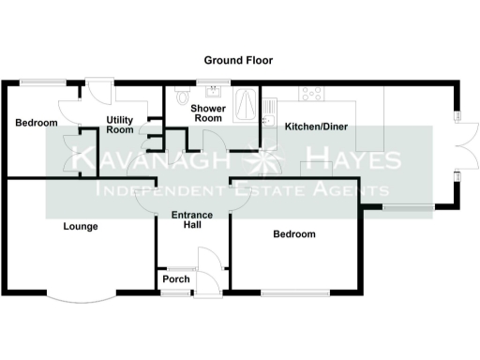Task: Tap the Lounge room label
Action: [81, 226]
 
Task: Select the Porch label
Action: [176, 278]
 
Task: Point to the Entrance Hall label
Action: [192, 221]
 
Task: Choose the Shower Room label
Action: [206, 113]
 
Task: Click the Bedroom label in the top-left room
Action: [37, 123]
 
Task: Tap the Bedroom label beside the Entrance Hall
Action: [293, 234]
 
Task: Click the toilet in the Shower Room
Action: [182, 96]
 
